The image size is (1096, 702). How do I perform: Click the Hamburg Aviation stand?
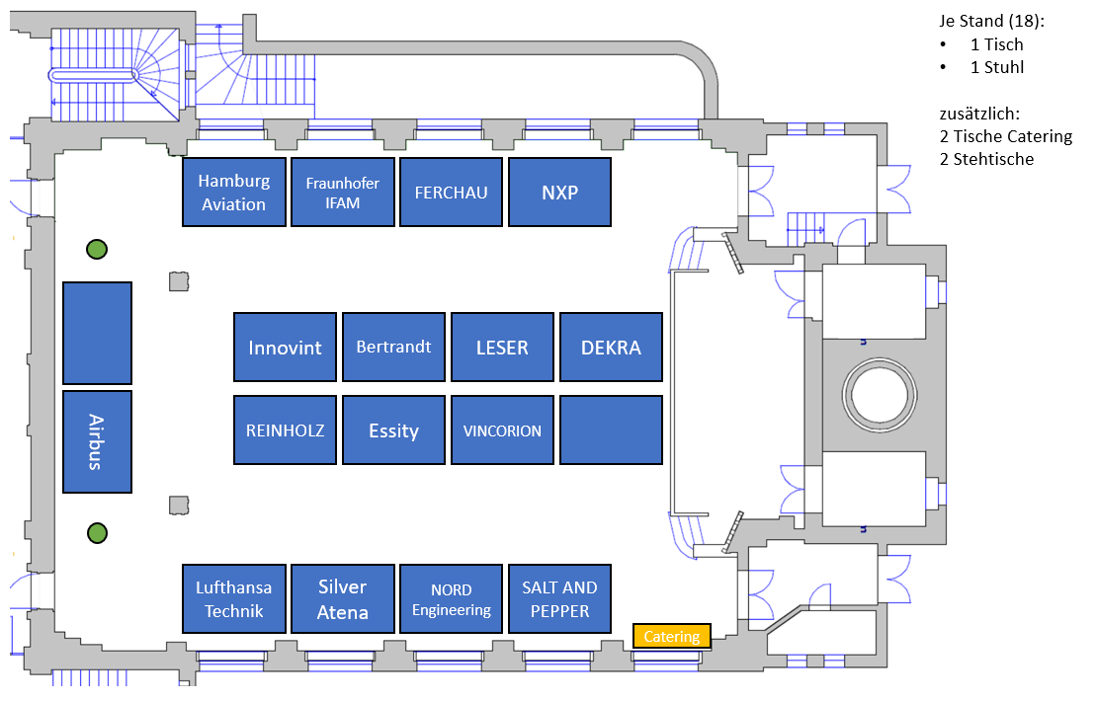234,192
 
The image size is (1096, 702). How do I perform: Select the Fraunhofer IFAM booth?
343,192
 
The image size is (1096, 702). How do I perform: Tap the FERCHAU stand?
451,192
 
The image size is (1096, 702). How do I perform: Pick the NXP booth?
559,192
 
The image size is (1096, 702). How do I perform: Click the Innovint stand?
285,347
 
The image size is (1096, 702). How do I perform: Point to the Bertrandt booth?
393,347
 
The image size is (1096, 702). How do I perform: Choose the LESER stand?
502,347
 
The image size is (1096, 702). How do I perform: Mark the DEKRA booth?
611,347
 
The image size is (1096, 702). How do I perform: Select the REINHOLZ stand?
285,429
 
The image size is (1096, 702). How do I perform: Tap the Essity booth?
393,429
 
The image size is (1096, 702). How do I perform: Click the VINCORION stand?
502,429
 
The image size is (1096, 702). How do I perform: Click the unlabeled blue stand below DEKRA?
611,429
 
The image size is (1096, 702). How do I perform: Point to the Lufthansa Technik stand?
234,598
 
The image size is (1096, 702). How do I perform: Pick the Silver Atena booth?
343,598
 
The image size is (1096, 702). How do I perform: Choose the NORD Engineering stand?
451,598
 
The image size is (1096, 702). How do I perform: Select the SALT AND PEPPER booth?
559,598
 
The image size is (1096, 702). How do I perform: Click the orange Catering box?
672,637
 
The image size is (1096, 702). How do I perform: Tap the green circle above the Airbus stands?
97,250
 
